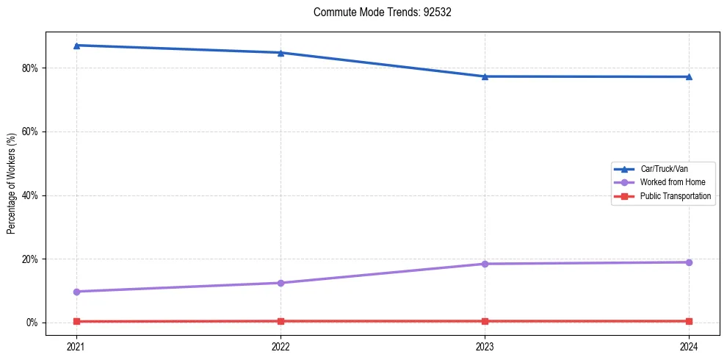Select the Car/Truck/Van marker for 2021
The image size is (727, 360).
click(x=76, y=46)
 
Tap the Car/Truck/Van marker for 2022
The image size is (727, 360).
click(x=281, y=53)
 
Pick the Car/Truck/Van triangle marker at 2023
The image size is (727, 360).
click(x=485, y=76)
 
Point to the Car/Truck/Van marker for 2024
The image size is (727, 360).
click(x=689, y=76)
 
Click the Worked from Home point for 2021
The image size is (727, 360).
click(x=76, y=292)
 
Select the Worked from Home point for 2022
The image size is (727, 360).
click(x=281, y=283)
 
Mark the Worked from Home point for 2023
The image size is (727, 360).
click(x=485, y=264)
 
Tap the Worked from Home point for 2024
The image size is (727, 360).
click(x=689, y=262)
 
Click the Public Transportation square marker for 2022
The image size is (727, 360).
click(x=281, y=321)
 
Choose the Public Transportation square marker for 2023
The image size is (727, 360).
click(x=485, y=321)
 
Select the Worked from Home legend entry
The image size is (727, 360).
click(x=669, y=182)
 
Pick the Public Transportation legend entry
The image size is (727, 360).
click(x=675, y=196)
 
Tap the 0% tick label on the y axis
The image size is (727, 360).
click(x=32, y=323)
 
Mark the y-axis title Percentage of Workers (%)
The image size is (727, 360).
click(x=12, y=184)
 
